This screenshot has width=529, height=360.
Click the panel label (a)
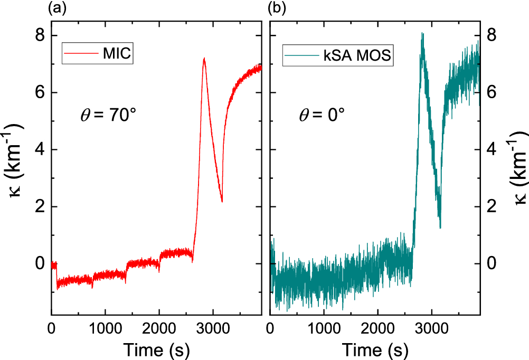56,8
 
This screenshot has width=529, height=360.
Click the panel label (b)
276,8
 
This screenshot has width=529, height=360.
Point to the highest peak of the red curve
204,59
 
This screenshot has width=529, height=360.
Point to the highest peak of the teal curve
422,33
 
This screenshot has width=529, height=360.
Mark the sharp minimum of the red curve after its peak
222,201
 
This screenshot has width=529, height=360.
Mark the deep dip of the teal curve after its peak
440,227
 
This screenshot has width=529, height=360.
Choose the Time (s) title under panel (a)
157,349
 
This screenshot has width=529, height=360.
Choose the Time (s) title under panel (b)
375,349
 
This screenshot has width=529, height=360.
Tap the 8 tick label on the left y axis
39,35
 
